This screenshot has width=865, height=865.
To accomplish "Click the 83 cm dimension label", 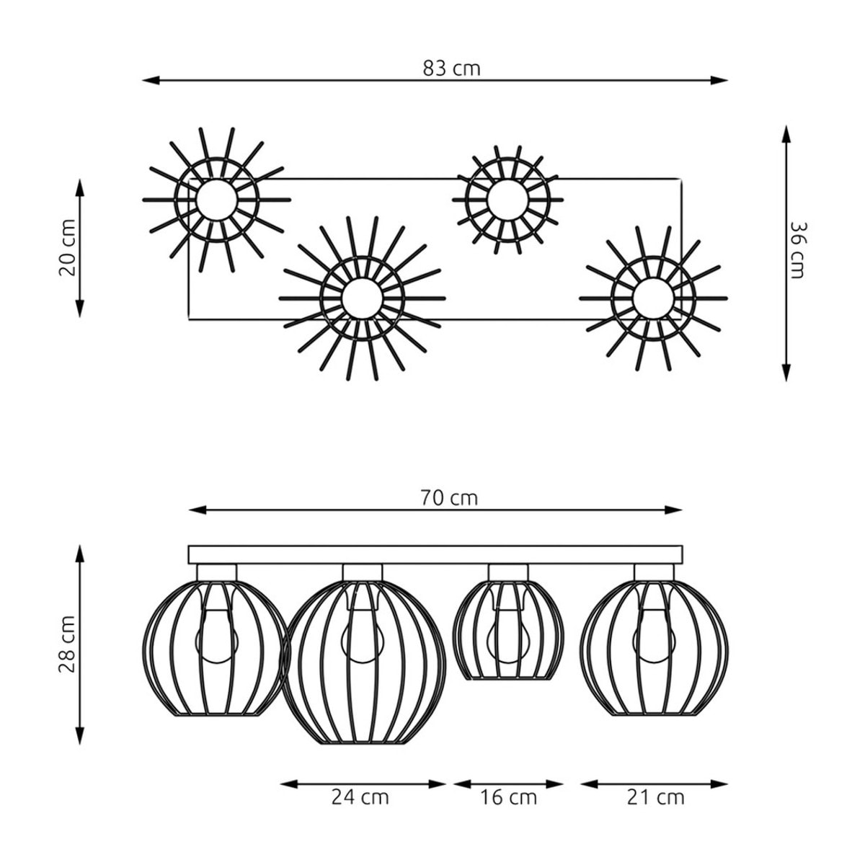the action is click(x=451, y=68).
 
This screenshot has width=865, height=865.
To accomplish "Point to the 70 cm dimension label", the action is click(x=449, y=498).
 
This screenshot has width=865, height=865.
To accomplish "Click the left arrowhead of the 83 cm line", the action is click(x=151, y=80).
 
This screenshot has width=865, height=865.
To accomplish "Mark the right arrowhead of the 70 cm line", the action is click(x=673, y=510).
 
